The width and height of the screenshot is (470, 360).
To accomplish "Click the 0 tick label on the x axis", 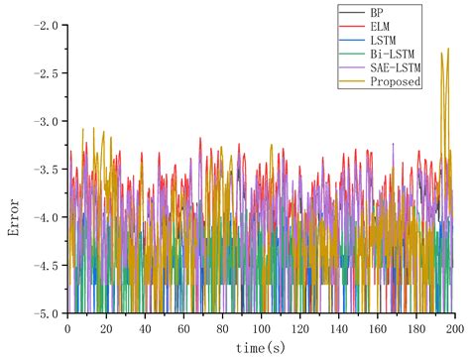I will click(67, 327).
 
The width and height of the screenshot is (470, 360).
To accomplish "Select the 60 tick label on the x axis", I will click(183, 327).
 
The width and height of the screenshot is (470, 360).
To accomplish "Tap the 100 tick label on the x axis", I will click(261, 327).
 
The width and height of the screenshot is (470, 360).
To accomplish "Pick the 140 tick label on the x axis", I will click(338, 327).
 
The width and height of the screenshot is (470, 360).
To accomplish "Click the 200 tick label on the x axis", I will click(454, 327).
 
